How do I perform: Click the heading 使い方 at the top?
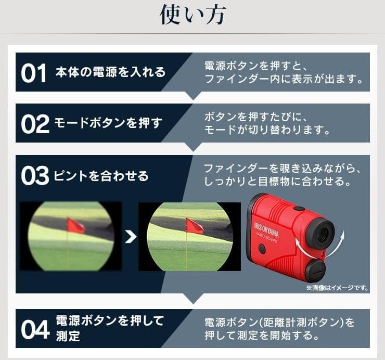coord(192,16)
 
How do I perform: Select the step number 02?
coord(35,124)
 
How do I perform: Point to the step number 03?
coord(35,176)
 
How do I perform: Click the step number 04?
coord(35,329)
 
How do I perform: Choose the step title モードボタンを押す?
coord(108,123)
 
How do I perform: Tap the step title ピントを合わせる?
coord(101,176)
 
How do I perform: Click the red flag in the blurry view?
coord(75,225)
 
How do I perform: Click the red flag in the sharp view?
coord(194,226)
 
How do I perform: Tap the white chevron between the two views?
coord(131,237)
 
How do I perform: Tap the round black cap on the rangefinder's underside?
coord(314,271)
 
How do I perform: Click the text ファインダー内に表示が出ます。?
coord(283,80)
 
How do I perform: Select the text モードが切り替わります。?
coord(267,130)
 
